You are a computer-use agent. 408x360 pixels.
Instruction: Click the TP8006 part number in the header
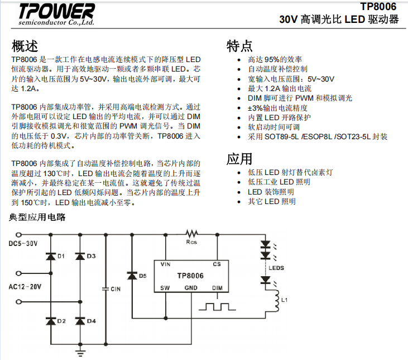[378, 6]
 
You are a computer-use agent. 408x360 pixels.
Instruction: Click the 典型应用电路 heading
[37, 216]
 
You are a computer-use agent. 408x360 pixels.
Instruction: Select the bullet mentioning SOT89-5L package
[318, 136]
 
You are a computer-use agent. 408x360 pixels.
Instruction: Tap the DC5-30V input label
[23, 243]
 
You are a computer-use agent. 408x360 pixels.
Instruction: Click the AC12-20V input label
[25, 287]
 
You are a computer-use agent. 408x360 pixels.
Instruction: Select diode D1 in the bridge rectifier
[50, 255]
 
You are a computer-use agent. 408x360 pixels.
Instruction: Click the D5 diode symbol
[132, 275]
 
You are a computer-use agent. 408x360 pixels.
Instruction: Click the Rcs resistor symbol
[192, 233]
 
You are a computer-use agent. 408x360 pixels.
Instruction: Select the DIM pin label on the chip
[218, 288]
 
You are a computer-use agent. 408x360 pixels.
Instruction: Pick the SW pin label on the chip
[165, 288]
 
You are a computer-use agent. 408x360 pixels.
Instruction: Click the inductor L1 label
[284, 300]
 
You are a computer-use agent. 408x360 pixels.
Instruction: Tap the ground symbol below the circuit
[80, 351]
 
